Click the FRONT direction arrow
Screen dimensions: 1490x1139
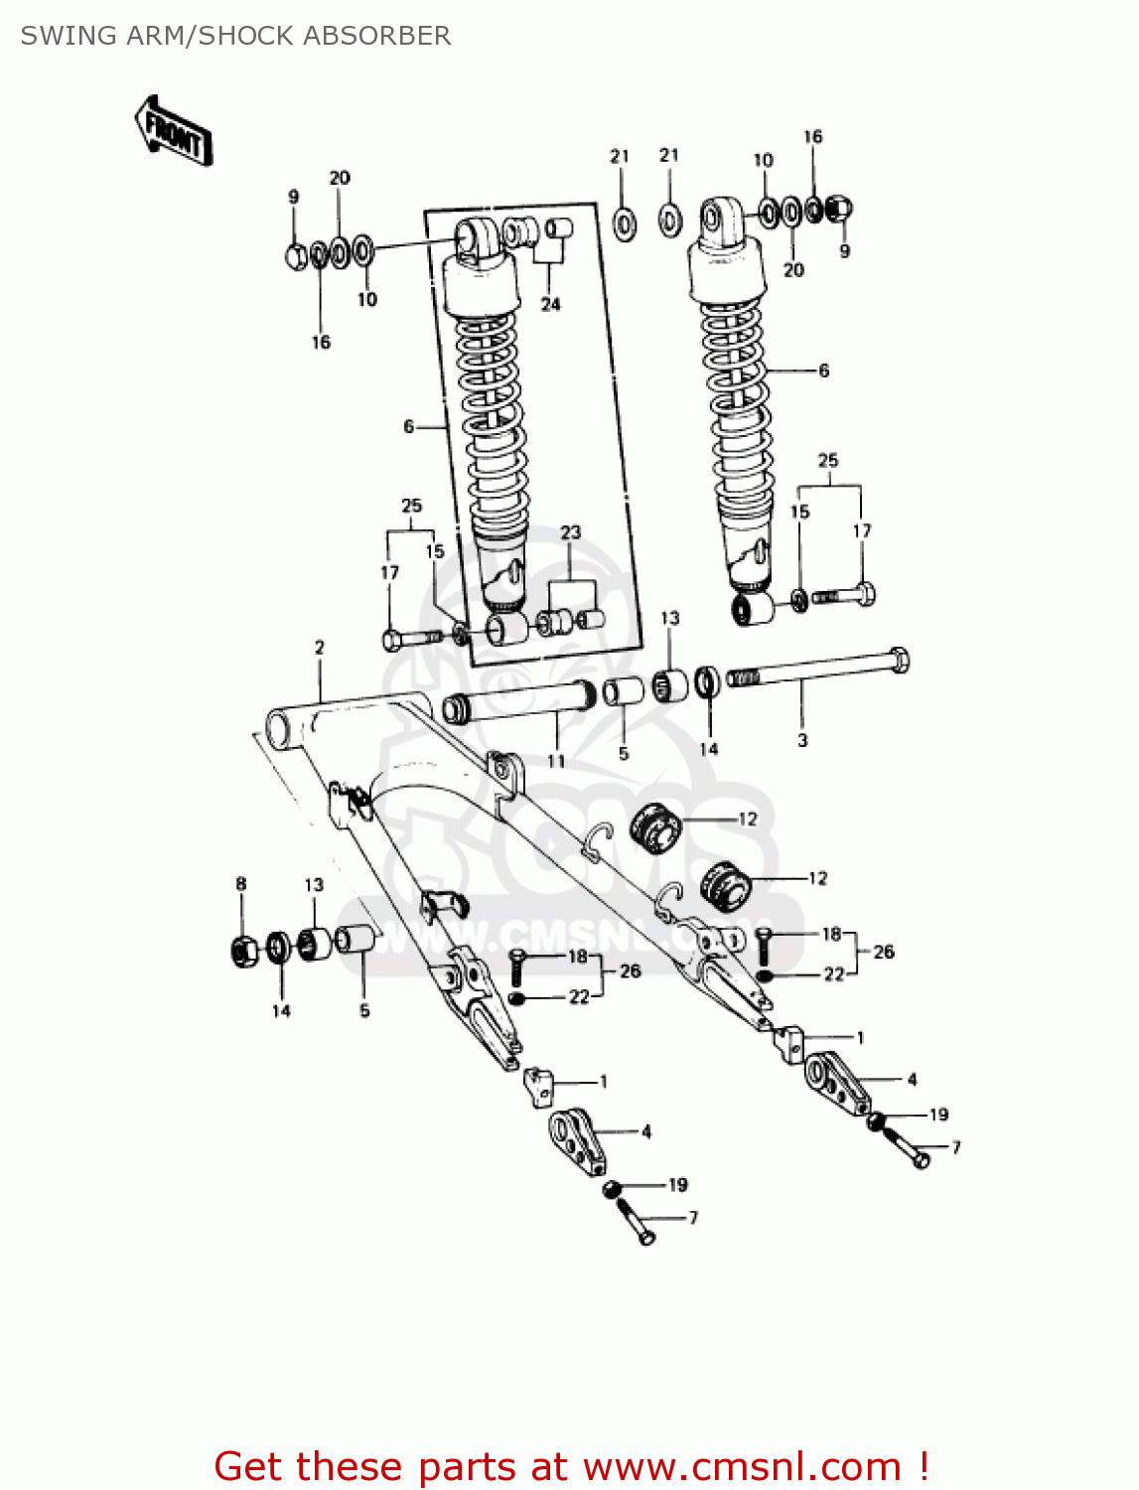click(x=174, y=131)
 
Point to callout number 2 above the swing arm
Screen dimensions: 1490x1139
click(x=320, y=648)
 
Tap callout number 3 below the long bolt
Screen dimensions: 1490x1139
click(x=802, y=740)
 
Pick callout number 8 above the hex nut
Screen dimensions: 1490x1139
click(x=240, y=883)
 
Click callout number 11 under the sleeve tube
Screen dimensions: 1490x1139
click(x=556, y=761)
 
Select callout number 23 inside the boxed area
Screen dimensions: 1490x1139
click(x=570, y=532)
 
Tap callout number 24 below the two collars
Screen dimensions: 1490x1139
click(x=550, y=304)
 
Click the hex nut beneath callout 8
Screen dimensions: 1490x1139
click(x=243, y=952)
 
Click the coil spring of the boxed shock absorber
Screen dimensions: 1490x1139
click(x=492, y=417)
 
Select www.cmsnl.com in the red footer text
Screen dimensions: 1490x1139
click(x=742, y=1467)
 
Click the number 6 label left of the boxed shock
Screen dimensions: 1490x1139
click(x=408, y=426)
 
